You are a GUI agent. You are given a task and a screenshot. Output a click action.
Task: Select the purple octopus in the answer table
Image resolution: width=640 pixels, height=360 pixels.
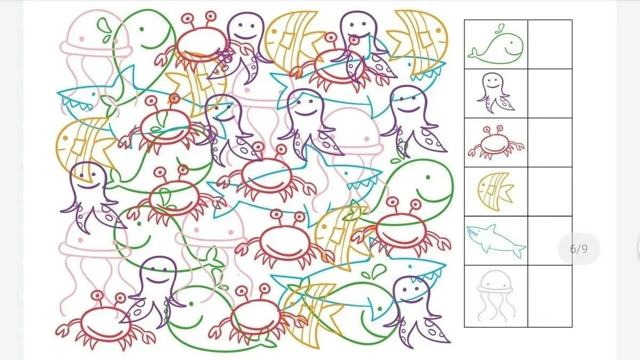[495, 93]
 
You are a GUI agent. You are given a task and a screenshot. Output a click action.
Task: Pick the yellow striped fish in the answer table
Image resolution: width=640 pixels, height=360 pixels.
[495, 191]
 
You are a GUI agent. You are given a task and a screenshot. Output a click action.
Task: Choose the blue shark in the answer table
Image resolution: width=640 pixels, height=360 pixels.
[496, 241]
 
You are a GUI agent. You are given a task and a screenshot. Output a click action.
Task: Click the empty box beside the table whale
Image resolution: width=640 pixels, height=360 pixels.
[550, 44]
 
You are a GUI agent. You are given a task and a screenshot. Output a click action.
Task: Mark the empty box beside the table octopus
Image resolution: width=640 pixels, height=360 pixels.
[550, 93]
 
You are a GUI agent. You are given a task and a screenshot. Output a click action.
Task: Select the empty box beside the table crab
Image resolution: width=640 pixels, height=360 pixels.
[550, 142]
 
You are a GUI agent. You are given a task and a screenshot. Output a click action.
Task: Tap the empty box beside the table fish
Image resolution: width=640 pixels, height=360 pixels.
[550, 191]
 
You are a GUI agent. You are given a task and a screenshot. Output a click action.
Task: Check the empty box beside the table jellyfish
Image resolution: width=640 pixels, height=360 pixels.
[550, 296]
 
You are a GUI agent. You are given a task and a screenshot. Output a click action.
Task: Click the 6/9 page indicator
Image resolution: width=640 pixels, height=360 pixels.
[579, 249]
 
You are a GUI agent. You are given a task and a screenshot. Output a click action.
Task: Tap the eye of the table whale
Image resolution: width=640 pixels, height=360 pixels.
[510, 43]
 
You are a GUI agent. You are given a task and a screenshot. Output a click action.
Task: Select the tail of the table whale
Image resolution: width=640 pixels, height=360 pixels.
[473, 53]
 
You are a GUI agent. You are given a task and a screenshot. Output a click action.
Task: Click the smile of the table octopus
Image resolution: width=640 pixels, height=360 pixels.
[492, 86]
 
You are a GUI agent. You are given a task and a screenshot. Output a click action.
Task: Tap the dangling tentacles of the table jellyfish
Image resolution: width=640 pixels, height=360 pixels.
[495, 306]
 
